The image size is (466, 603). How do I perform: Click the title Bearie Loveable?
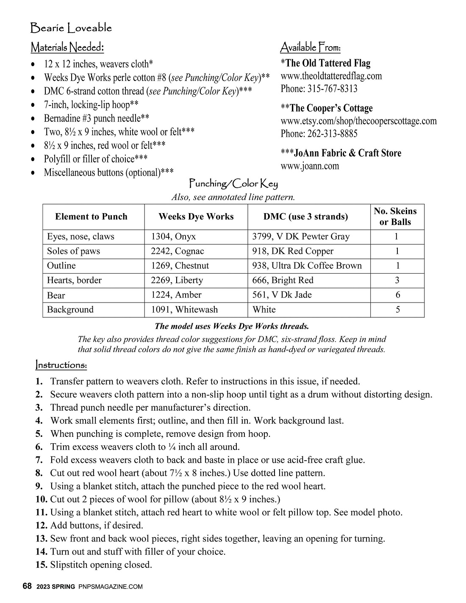71,28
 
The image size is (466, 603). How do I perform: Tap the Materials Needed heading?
67,47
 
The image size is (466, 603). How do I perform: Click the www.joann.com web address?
310,166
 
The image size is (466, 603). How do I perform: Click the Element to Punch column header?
91,217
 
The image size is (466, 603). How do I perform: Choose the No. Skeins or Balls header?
395,217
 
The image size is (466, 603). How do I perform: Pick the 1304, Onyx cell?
174,236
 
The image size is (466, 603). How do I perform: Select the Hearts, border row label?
74,280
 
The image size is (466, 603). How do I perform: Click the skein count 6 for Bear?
397,295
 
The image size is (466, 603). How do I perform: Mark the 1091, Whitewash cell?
184,309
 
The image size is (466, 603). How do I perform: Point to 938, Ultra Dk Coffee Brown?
307,266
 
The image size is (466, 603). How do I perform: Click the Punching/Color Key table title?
233,184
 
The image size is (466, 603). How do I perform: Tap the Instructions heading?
61,365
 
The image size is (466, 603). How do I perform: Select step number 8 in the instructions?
39,473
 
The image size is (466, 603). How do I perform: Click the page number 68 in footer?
27,586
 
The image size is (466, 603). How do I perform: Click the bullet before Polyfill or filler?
33,159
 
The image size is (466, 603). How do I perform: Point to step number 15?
41,565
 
